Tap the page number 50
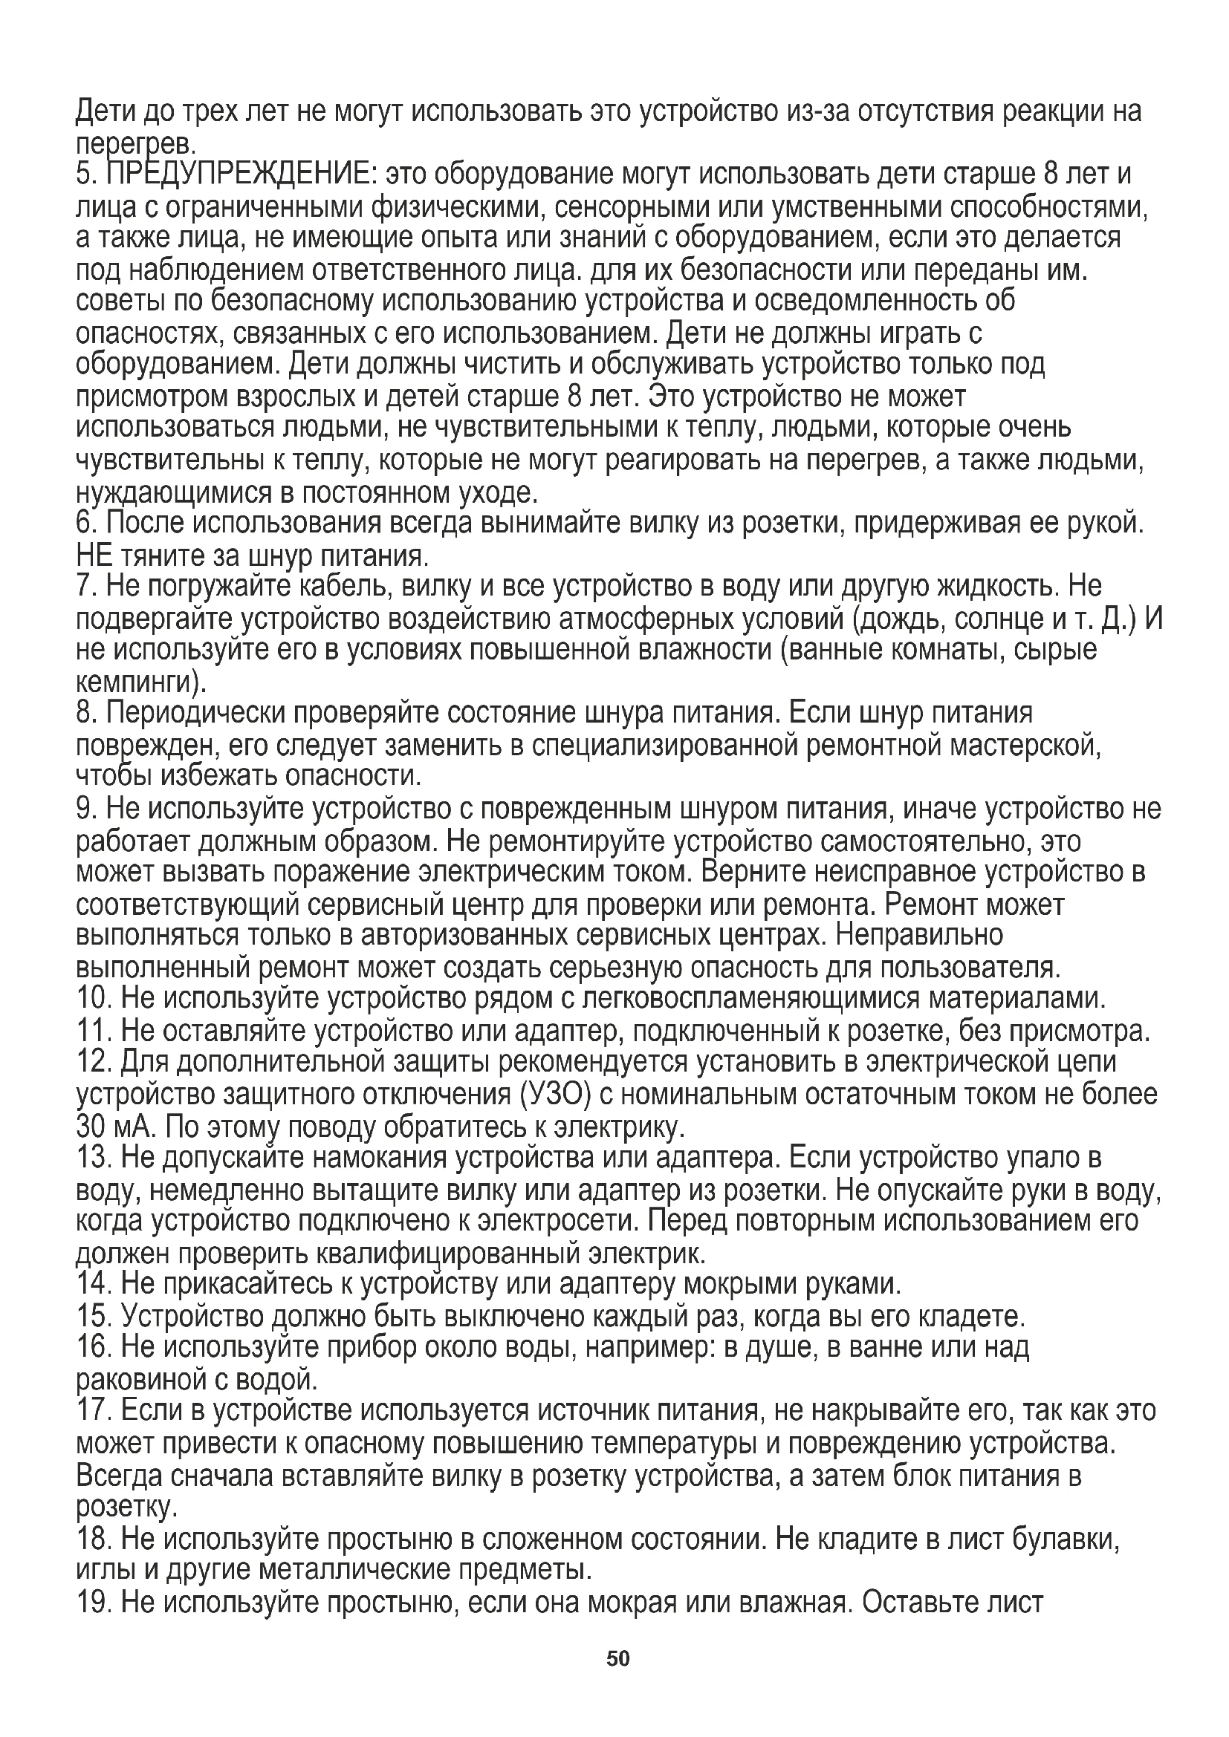click(617, 1659)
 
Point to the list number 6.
click(85, 524)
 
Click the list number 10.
click(94, 999)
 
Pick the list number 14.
click(94, 1284)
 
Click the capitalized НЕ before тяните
click(94, 556)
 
